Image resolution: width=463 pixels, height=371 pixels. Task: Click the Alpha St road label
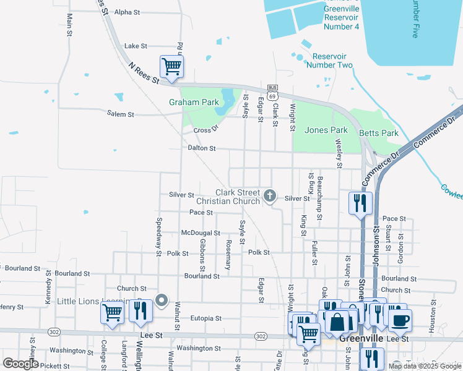[128, 12]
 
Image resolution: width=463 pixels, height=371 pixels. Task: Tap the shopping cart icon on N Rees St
[171, 66]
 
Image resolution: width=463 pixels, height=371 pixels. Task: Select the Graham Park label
[193, 102]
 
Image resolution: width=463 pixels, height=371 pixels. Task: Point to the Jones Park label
[326, 130]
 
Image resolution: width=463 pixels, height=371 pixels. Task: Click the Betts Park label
[379, 133]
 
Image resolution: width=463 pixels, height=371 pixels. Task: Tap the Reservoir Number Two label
[330, 61]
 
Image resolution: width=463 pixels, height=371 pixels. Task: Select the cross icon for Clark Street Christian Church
[269, 196]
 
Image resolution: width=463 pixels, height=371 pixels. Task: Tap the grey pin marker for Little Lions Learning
[162, 301]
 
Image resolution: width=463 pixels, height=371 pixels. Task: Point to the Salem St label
[120, 114]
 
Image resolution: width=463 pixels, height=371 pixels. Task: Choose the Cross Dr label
[206, 130]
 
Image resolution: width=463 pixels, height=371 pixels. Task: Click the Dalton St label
[202, 148]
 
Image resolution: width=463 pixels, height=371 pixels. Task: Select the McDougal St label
[200, 233]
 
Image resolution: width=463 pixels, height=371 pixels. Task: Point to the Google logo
[21, 364]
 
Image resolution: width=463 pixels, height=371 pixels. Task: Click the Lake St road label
[136, 46]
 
